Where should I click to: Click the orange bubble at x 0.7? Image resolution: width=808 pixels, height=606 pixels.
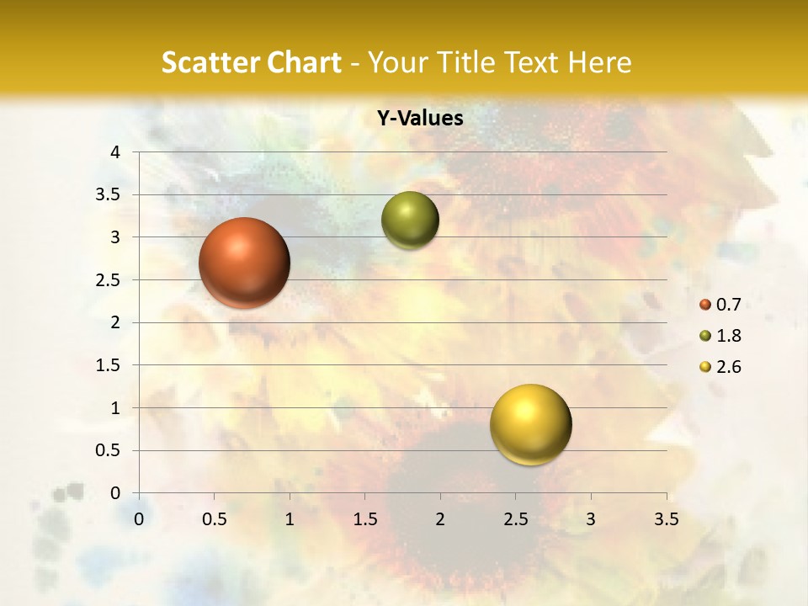pyautogui.click(x=245, y=263)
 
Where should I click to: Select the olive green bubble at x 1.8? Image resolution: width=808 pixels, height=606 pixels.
pyautogui.click(x=410, y=221)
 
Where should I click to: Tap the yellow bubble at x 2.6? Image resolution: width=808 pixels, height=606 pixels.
pyautogui.click(x=530, y=424)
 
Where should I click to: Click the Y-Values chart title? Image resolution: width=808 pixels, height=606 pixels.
pyautogui.click(x=420, y=119)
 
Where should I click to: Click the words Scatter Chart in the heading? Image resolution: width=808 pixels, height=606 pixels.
pyautogui.click(x=252, y=62)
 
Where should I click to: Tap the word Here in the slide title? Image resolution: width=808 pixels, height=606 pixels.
pyautogui.click(x=599, y=62)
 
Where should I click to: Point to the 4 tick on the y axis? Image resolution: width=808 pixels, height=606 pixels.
pyautogui.click(x=116, y=152)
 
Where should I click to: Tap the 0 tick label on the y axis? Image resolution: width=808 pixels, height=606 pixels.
pyautogui.click(x=116, y=493)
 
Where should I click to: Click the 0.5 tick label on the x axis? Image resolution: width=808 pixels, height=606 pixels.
pyautogui.click(x=214, y=519)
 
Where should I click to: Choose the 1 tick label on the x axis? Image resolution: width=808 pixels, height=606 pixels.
pyautogui.click(x=290, y=519)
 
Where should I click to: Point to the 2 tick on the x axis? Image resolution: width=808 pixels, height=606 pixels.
pyautogui.click(x=440, y=519)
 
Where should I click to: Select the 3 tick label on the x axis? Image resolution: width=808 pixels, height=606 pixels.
pyautogui.click(x=591, y=519)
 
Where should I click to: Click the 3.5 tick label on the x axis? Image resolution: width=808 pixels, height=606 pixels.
pyautogui.click(x=667, y=519)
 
